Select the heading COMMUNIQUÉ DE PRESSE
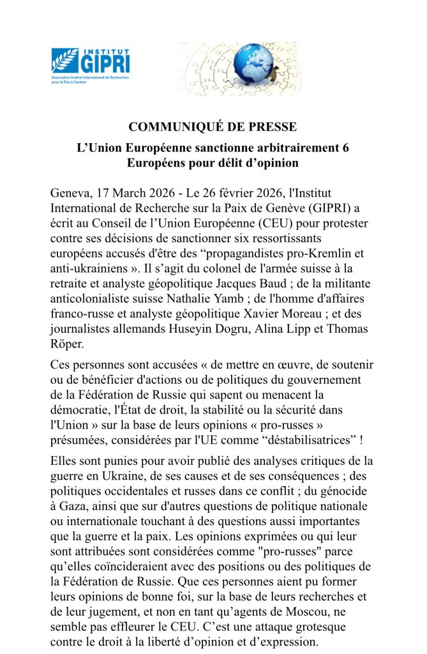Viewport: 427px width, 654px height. (x=213, y=126)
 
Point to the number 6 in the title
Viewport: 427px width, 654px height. (x=345, y=148)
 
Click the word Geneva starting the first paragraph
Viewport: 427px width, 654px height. (x=70, y=193)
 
